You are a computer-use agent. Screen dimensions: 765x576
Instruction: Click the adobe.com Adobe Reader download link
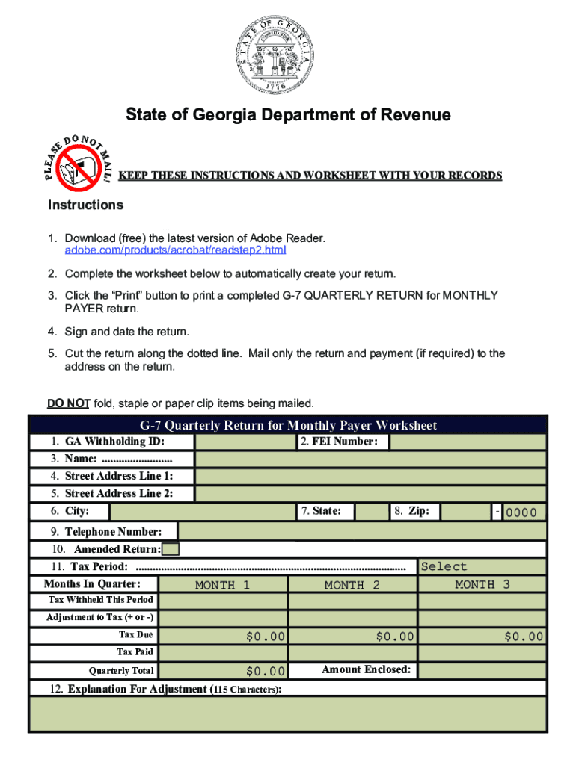[x=176, y=250]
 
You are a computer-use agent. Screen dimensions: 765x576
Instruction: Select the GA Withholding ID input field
[x=244, y=442]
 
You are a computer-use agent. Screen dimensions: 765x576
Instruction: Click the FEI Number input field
[x=468, y=442]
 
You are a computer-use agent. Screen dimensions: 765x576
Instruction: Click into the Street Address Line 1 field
[x=370, y=477]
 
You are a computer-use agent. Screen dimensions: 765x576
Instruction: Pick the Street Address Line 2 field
[x=370, y=494]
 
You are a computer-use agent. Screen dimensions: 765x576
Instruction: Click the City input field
[x=202, y=512]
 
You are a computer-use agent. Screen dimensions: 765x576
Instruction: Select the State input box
[x=371, y=512]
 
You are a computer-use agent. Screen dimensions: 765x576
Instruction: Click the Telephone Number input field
[x=362, y=531]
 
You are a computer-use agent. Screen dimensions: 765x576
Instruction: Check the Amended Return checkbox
[x=171, y=550]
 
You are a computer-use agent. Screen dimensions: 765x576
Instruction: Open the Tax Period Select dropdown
[x=482, y=567]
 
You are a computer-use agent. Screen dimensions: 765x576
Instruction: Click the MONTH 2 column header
[x=352, y=585]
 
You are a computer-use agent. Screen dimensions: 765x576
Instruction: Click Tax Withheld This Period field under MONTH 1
[x=223, y=601]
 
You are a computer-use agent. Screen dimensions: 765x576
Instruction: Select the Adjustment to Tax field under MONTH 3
[x=482, y=619]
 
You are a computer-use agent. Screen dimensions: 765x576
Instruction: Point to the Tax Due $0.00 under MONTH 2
[x=352, y=637]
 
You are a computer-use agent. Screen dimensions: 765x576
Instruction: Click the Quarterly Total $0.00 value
[x=223, y=672]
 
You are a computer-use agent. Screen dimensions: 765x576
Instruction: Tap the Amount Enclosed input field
[x=482, y=670]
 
